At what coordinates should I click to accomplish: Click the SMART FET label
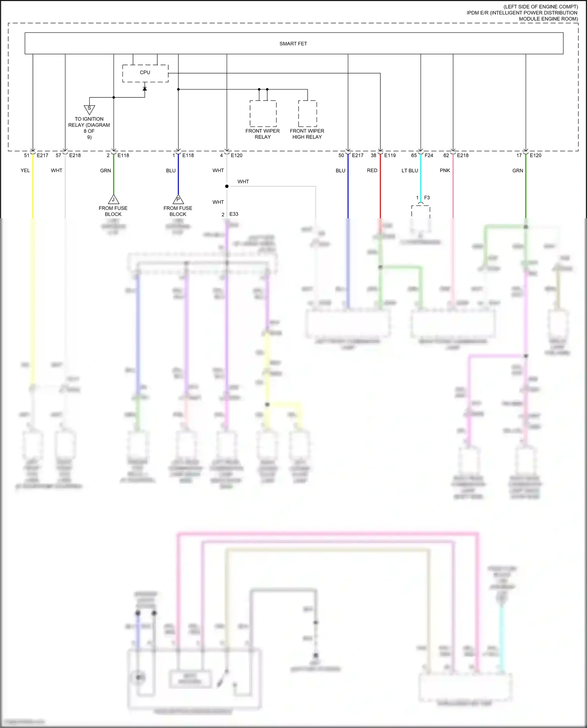point(293,44)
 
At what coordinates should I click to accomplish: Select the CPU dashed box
point(145,73)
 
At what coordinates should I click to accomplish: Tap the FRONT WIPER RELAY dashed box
point(263,113)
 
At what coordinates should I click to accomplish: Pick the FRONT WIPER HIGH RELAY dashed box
point(308,113)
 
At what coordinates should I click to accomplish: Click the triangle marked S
point(89,109)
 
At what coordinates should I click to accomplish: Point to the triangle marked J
point(113,200)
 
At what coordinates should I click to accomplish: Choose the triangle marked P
point(178,200)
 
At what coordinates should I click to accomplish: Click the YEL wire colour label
point(25,171)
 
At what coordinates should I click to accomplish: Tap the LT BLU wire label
point(410,171)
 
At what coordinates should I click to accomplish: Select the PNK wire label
point(445,171)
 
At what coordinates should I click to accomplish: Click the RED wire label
point(372,171)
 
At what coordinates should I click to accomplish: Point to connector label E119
point(390,155)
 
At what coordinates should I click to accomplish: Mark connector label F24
point(429,155)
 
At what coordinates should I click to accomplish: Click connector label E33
point(234,214)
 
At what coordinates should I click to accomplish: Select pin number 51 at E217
point(27,155)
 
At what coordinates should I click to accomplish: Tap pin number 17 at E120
point(519,155)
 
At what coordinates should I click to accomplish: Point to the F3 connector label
point(427,198)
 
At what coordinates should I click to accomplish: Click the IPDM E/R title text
point(522,13)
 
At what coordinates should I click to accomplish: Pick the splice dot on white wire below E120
point(227,186)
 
